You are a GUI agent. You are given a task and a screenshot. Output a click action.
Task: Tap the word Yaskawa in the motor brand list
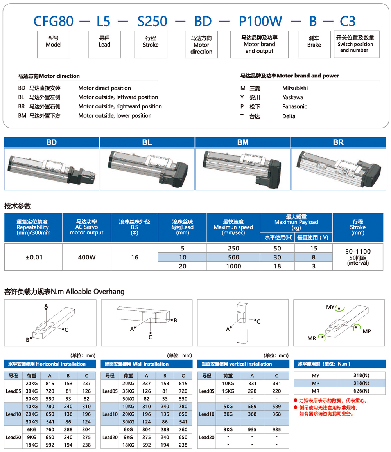(x=292, y=97)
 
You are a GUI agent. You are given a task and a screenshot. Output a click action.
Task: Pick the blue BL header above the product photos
(x=147, y=142)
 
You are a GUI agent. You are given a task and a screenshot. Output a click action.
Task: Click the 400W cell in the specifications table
(x=87, y=257)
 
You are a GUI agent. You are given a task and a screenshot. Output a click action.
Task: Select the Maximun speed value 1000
(x=233, y=266)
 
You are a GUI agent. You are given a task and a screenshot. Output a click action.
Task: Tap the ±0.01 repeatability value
(x=33, y=257)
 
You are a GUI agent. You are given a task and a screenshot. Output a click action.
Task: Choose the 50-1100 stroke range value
(x=358, y=251)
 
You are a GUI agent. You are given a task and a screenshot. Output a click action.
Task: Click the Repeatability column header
(x=33, y=227)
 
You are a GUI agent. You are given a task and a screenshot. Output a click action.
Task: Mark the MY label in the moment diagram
(x=330, y=307)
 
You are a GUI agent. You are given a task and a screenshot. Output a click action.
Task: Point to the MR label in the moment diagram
(x=312, y=338)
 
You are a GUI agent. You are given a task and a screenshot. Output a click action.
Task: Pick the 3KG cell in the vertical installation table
(x=228, y=429)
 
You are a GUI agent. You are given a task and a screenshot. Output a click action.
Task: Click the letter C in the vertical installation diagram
(x=258, y=321)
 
